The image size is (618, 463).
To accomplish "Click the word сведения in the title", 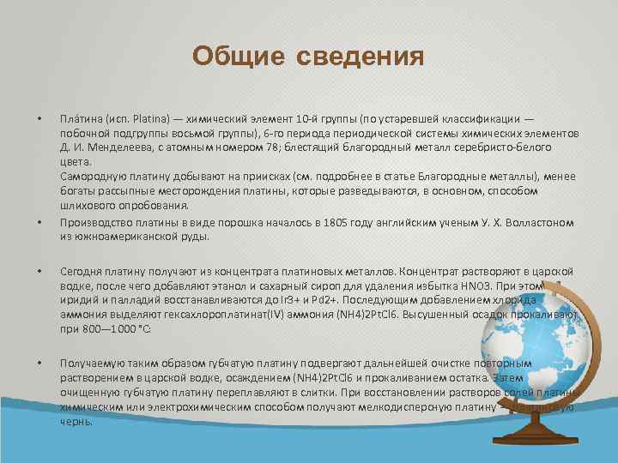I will (360, 57).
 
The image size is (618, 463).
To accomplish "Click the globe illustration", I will (548, 344).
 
